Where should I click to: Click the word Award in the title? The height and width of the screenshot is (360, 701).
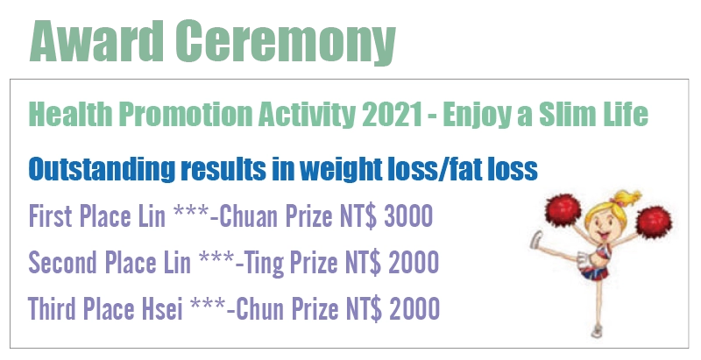[x=96, y=41]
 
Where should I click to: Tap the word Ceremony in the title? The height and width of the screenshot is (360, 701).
[x=286, y=43]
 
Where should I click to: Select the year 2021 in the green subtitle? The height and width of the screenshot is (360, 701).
[x=392, y=114]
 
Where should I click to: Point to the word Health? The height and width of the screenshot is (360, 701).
[x=70, y=114]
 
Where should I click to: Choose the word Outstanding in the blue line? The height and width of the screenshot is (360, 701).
[x=102, y=170]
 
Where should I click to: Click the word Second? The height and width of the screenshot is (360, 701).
[x=62, y=262]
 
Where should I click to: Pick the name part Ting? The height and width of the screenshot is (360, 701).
[x=265, y=263]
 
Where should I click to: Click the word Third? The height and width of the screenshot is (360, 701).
[x=52, y=308]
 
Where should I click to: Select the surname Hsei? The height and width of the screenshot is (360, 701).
[x=162, y=308]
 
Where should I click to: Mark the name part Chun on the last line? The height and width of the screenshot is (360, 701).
[x=259, y=308]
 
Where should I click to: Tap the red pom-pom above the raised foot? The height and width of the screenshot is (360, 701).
[x=563, y=210]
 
